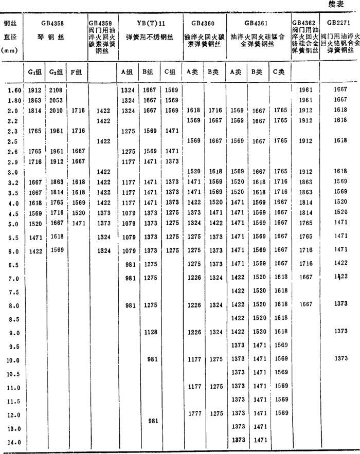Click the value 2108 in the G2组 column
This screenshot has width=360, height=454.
pos(55,90)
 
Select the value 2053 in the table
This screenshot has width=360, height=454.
pos(55,100)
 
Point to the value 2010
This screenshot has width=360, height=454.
pos(55,110)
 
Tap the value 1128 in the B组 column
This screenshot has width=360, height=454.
pos(150,332)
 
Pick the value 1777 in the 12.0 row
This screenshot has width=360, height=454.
pos(194,413)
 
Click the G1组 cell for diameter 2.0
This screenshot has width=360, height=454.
pos(34,110)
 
